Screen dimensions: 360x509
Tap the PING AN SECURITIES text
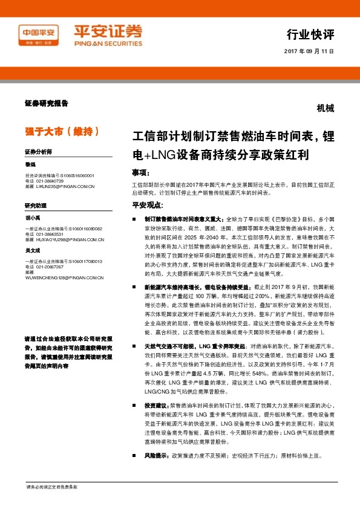click(x=108, y=44)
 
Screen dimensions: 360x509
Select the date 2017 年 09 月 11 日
click(x=309, y=51)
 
